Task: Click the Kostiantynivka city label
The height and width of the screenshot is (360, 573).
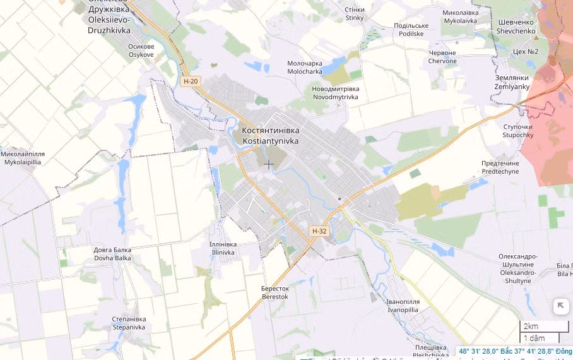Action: click(x=271, y=135)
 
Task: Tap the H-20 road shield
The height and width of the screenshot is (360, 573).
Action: click(x=190, y=81)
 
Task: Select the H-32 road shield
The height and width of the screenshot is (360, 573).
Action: click(x=320, y=231)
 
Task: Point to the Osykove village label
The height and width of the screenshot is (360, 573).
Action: click(x=141, y=51)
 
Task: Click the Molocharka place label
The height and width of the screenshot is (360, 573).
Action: click(x=305, y=68)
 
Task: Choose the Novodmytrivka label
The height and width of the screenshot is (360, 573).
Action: click(x=335, y=93)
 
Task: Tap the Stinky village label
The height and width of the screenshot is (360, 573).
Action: click(x=355, y=14)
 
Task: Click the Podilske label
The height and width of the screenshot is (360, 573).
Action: click(x=411, y=30)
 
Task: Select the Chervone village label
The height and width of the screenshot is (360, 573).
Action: click(x=442, y=57)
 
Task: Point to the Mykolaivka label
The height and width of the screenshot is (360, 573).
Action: click(x=461, y=16)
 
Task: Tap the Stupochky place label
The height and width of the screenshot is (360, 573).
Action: click(x=518, y=131)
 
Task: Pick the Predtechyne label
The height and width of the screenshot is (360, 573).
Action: click(x=500, y=167)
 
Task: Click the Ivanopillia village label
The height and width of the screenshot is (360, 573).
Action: click(x=403, y=306)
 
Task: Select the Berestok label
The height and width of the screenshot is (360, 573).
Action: click(x=275, y=292)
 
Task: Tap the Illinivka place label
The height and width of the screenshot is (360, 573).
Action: click(x=223, y=248)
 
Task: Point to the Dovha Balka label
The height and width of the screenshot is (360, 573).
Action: click(x=113, y=254)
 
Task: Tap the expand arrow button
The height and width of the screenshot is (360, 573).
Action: click(x=560, y=307)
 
